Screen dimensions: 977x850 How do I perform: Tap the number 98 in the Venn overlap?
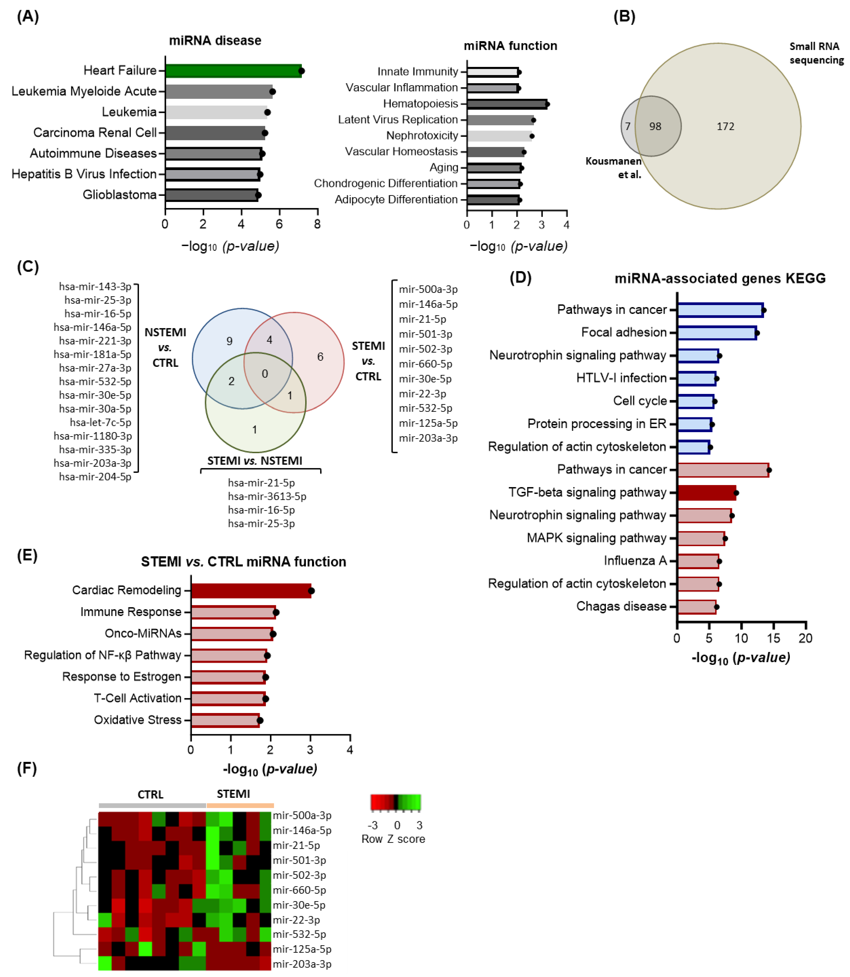click(x=655, y=127)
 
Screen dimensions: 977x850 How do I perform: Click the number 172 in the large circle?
click(x=725, y=127)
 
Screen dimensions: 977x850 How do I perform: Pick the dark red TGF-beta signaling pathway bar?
click(x=707, y=493)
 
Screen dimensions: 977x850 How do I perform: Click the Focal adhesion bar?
click(x=717, y=333)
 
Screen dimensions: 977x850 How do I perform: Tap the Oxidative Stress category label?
click(x=137, y=720)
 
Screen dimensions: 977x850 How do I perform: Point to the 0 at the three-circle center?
click(x=265, y=374)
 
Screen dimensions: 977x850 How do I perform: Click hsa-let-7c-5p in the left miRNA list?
click(x=100, y=423)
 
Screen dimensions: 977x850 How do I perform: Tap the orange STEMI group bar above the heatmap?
click(x=240, y=805)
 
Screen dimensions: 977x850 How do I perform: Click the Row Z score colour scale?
click(x=396, y=802)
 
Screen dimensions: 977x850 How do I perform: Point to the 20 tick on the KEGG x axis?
click(x=805, y=638)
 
